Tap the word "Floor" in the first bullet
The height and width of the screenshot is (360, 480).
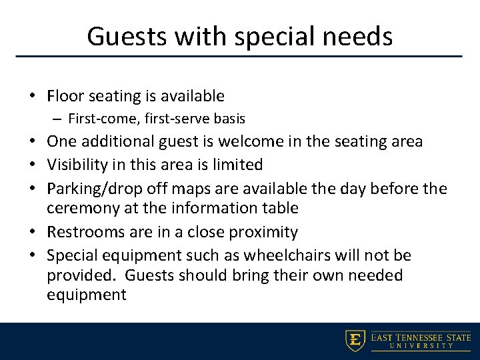(65, 97)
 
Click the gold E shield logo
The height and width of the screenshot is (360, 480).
(355, 340)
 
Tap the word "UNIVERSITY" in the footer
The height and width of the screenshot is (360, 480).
(421, 346)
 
